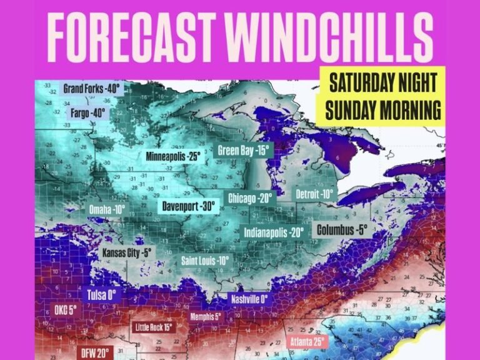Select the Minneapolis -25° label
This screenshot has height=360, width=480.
pos(172,156)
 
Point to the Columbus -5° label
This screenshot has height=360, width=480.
pos(342,229)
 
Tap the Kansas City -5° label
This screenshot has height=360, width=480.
pos(127,254)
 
